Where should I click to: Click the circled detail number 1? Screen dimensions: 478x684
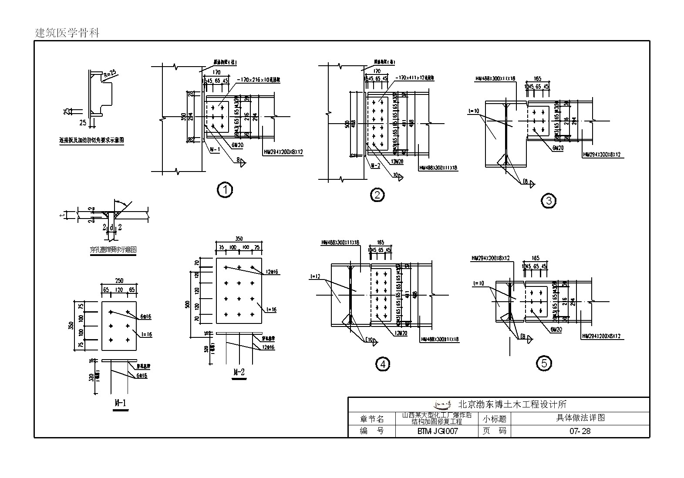pos(225,190)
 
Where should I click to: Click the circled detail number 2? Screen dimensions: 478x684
pos(377,195)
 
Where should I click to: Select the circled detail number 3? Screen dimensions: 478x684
pos(549,201)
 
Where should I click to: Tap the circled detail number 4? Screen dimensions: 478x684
pos(383,364)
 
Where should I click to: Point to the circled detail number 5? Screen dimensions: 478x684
pos(544,363)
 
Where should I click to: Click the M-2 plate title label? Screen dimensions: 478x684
pos(239,372)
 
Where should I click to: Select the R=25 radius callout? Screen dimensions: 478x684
pos(110,74)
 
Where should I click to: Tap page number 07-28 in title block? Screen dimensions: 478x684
pos(580,431)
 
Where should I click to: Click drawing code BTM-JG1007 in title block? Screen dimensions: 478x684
pos(437,431)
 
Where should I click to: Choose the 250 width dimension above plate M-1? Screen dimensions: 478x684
pos(119,280)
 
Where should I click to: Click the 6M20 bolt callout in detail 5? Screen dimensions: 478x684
pos(555,330)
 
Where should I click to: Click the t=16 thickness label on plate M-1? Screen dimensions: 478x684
pos(147,334)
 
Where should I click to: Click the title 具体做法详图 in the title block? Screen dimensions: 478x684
pos(580,418)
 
